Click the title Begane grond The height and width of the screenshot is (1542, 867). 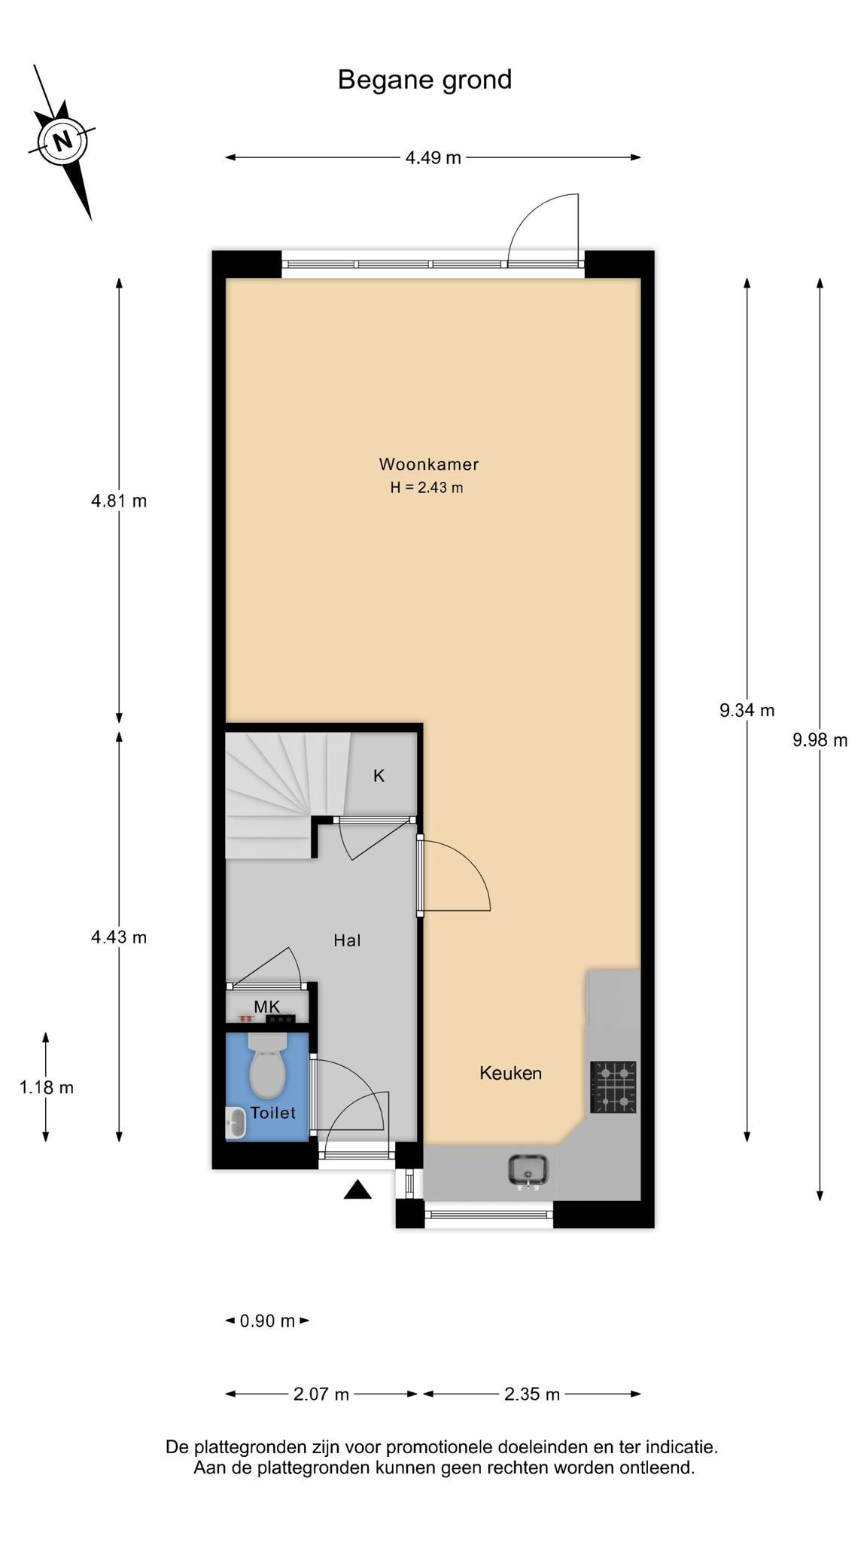pos(424,80)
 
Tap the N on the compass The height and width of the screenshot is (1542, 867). pos(63,140)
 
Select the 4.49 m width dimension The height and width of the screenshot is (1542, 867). pos(433,157)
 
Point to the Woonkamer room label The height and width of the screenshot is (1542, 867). pos(428,464)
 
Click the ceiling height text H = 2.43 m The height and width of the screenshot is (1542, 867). pos(426,487)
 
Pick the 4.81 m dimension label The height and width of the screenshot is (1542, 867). pos(119,500)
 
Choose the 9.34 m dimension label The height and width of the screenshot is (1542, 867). pos(747,710)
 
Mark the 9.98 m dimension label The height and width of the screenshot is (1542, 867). pos(820,740)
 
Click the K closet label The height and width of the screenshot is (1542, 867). pos(379,776)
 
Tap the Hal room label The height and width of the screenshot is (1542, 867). pos(347,940)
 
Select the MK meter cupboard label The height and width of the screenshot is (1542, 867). pos(266,1007)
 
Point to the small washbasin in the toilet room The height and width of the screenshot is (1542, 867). pos(236,1123)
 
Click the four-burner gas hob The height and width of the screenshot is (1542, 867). pos(613,1086)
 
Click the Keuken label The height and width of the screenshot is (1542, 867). pos(510,1073)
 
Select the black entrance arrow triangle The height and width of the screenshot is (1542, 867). pos(358,1190)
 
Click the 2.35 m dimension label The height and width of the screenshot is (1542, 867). pos(532,1394)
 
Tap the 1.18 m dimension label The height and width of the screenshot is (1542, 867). pos(47,1087)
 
